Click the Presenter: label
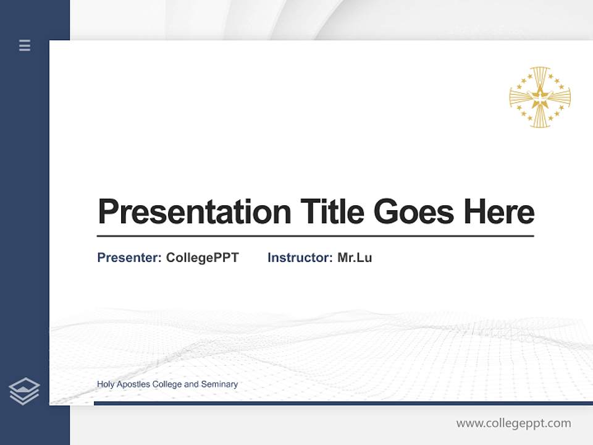[129, 258]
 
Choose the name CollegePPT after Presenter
[202, 258]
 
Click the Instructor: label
[300, 258]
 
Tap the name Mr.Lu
[355, 258]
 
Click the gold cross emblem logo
[540, 98]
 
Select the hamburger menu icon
[25, 45]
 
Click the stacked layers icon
[24, 391]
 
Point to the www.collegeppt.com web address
[513, 423]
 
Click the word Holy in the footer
[106, 384]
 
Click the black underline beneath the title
[315, 236]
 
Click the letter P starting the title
[107, 212]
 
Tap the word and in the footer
[191, 384]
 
